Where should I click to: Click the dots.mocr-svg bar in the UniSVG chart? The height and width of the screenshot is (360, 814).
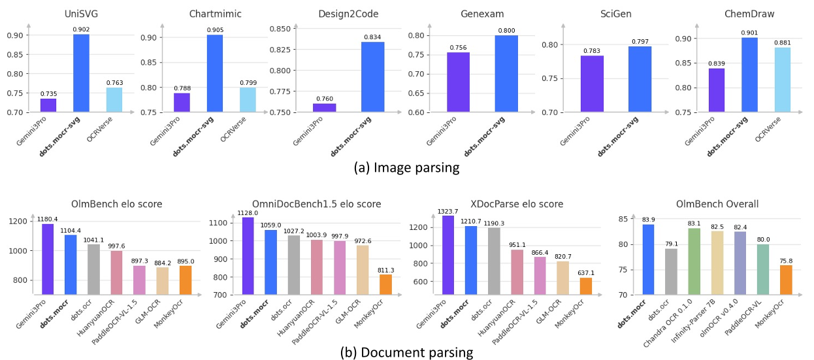pos(81,73)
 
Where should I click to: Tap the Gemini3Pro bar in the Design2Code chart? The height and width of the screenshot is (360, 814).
pos(325,108)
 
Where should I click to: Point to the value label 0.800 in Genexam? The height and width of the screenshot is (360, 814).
pos(506,30)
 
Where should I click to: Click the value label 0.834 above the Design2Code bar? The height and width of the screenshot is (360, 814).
pos(372,37)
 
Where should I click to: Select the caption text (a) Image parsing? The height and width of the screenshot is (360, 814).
pos(406,168)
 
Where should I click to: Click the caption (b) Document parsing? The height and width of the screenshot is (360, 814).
pos(406,353)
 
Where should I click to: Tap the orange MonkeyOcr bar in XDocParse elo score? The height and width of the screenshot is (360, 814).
pos(585,286)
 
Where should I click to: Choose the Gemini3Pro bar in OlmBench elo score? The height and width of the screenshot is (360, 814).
pos(48,259)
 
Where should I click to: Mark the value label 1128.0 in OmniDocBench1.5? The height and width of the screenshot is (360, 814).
pos(248,212)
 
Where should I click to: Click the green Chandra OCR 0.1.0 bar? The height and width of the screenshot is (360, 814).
pos(694,261)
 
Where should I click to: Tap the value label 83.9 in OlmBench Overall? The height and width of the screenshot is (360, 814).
pos(647,219)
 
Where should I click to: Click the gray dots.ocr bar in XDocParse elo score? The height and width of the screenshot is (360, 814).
pos(494,261)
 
